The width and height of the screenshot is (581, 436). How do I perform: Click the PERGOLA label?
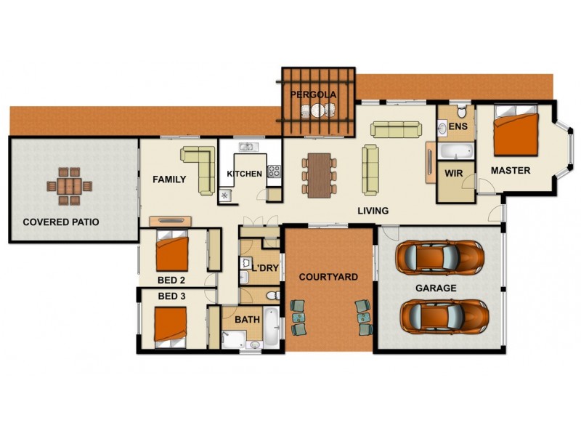314,95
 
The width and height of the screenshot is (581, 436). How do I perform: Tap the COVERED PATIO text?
61,222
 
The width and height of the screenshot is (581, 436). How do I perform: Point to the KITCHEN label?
244,174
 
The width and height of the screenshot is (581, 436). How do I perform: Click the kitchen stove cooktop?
275,172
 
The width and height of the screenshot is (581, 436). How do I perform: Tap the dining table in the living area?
319,174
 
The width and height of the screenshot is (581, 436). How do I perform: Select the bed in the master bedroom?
516,134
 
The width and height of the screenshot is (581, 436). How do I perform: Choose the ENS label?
458,127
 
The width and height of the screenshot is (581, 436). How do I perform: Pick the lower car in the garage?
442,316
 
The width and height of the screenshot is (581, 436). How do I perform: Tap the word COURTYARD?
328,277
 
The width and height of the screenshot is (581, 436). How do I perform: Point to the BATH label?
247,319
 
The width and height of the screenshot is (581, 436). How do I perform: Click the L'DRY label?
265,268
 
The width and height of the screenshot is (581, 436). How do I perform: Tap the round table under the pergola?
317,110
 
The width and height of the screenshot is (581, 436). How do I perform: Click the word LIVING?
373,211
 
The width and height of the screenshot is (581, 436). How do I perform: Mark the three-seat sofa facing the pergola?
396,129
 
